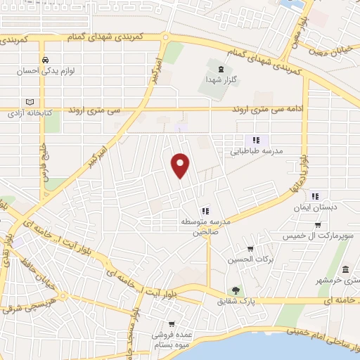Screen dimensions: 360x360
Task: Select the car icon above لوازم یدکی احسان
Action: click(44, 60)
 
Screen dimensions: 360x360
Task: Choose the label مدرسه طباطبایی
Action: click(256, 150)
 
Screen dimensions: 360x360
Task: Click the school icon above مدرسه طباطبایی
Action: click(257, 139)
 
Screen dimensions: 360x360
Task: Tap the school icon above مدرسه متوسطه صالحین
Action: click(204, 210)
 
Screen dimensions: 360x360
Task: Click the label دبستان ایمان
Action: click(315, 208)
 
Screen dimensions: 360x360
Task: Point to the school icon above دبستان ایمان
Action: click(315, 196)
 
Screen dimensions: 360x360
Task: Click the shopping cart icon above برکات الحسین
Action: click(250, 249)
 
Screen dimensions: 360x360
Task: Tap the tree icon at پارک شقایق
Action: click(236, 290)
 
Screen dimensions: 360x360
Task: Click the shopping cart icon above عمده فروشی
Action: click(162, 325)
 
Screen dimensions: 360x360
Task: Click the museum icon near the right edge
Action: click(345, 270)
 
